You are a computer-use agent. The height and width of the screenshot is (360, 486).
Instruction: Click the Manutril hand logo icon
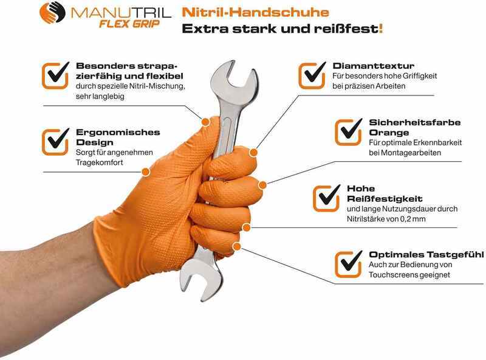52,13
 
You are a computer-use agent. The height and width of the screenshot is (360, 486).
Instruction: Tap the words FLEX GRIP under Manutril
129,24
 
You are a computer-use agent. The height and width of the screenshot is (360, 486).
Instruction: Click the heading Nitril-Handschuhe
255,12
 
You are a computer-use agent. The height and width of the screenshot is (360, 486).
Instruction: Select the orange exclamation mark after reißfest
381,29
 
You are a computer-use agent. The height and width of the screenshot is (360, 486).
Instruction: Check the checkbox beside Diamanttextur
312,75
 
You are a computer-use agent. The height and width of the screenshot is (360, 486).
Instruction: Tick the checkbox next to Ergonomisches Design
55,142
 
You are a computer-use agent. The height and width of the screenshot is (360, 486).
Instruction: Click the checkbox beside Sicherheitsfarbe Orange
348,132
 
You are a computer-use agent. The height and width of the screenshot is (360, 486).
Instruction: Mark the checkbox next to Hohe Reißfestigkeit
326,198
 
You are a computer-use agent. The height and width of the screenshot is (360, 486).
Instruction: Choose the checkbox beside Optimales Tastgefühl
348,264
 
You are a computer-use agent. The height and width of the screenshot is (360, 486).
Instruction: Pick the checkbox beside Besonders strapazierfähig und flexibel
55,75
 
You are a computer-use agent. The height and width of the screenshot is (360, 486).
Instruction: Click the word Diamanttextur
374,66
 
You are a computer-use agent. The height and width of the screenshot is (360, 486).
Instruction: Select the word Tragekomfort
99,162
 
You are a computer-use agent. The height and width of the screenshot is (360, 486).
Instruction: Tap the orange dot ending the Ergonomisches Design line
146,171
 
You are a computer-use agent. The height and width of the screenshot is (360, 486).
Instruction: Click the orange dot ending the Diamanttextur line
253,153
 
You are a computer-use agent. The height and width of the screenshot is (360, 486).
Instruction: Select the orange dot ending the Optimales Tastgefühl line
237,246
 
